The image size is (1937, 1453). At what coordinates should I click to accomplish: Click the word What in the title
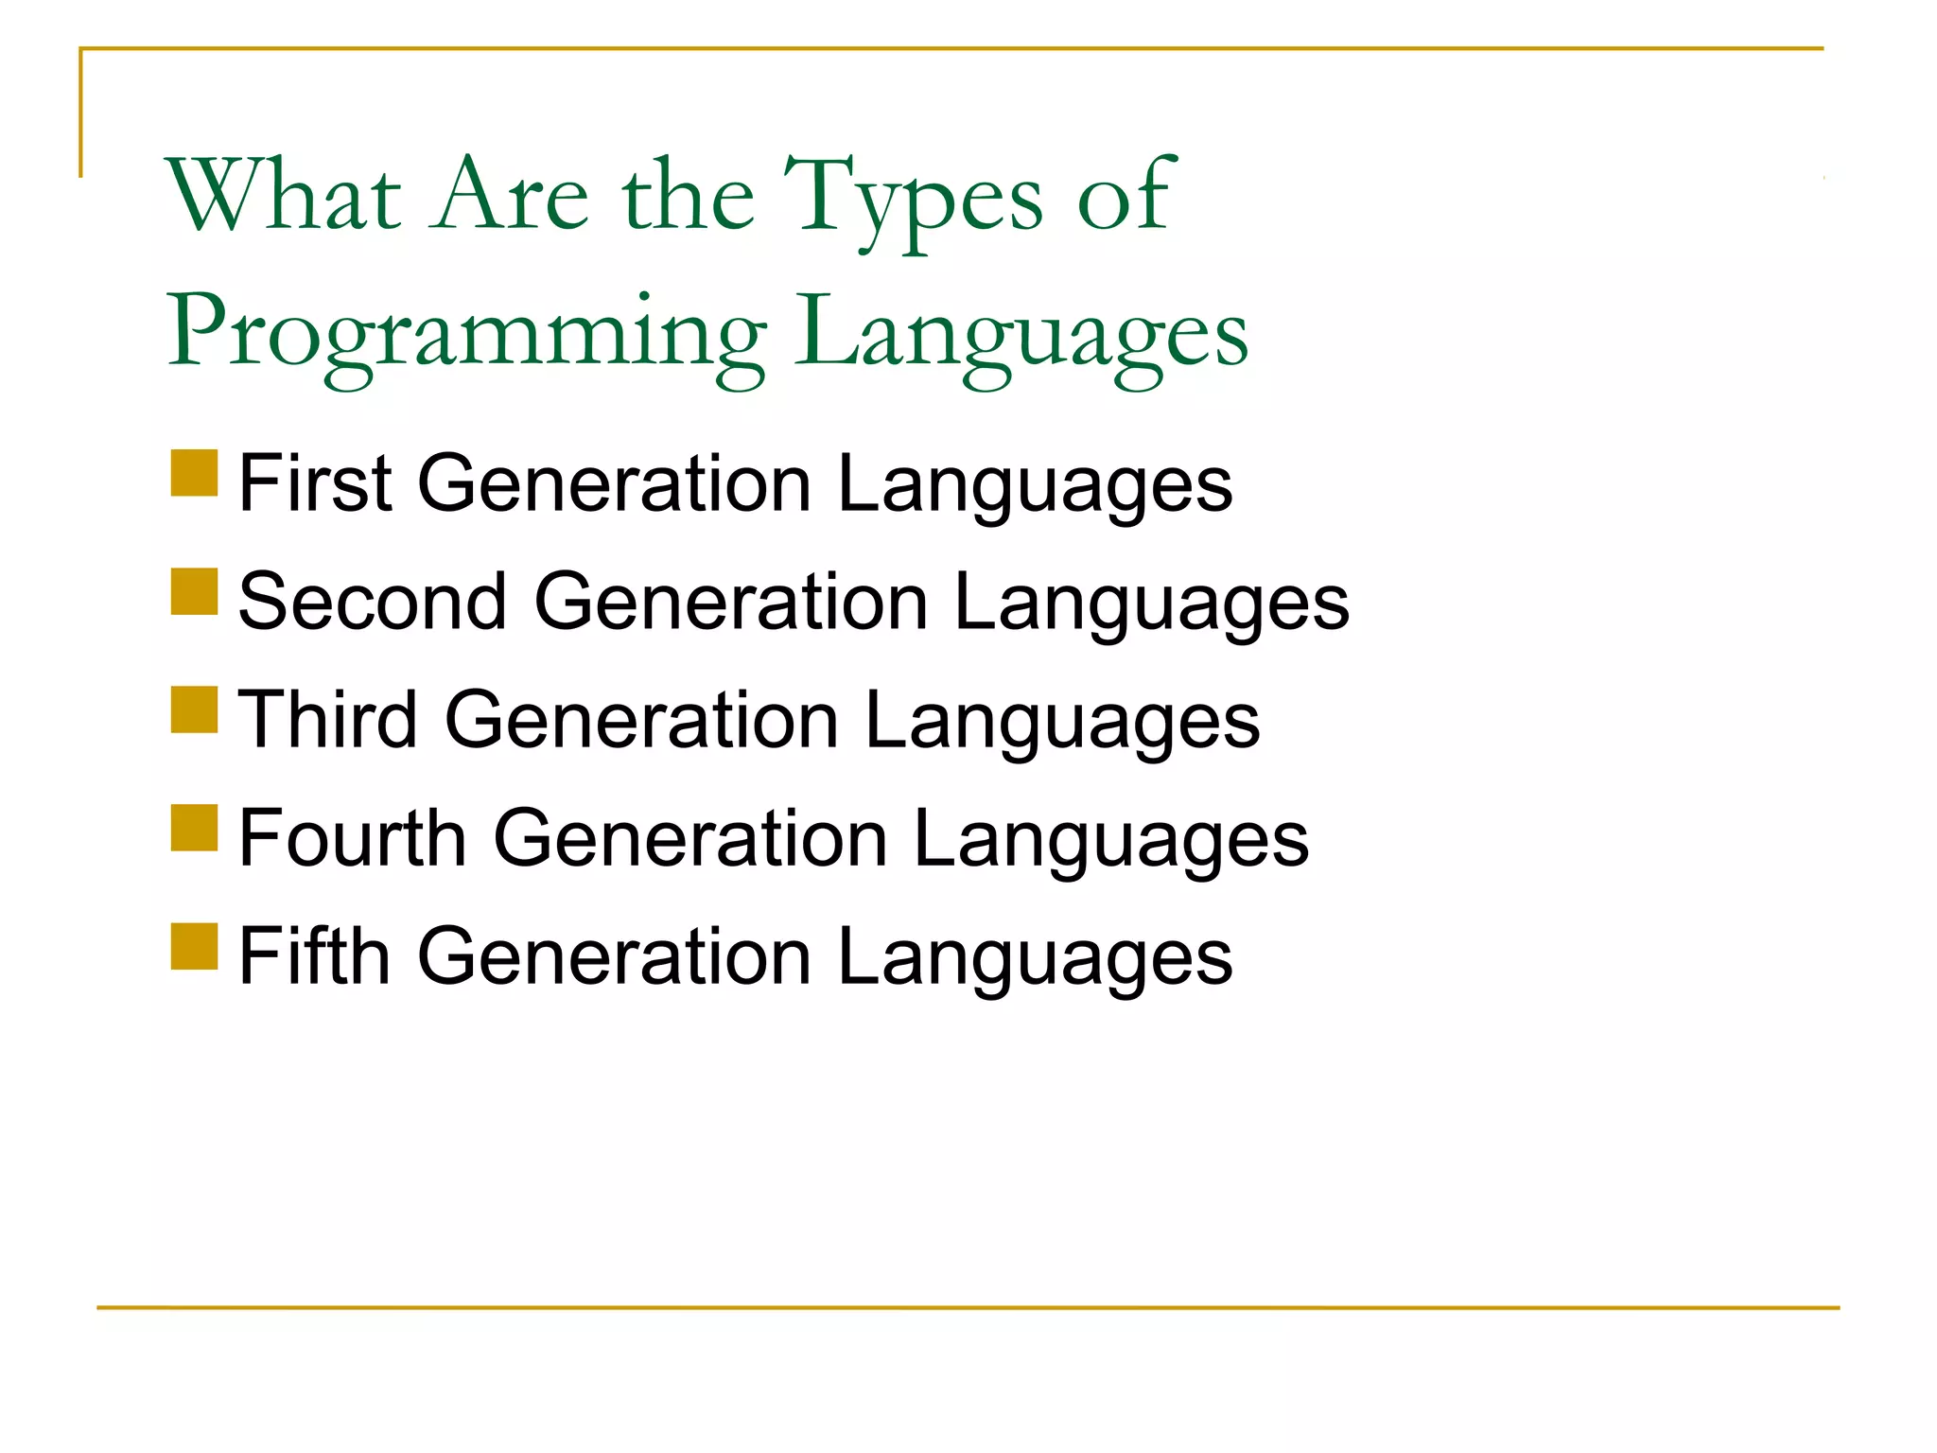point(284,196)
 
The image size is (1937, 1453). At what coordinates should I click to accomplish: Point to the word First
point(315,483)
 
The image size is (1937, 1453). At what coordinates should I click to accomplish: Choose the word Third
point(327,720)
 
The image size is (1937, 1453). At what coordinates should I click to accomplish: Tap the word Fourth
point(353,838)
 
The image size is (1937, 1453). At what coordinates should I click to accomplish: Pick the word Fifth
point(315,956)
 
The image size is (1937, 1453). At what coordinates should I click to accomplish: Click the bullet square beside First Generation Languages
point(195,473)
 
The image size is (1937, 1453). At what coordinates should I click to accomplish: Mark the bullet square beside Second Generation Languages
point(195,591)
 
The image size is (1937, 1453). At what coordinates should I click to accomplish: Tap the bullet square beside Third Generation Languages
point(195,709)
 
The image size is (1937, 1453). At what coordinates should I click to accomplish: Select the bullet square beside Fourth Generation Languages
point(195,828)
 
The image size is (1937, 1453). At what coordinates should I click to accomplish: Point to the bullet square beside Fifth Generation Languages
point(195,946)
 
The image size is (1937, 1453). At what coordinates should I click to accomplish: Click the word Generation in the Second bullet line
point(731,602)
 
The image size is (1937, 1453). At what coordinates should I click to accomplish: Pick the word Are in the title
point(511,196)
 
